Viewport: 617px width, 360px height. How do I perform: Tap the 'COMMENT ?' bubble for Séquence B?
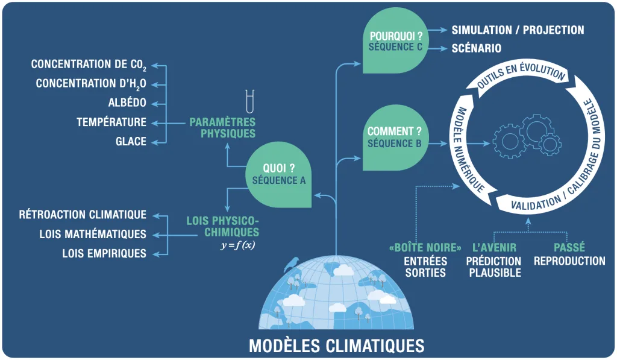coord(395,137)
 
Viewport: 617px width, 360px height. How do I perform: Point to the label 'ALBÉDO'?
coord(127,103)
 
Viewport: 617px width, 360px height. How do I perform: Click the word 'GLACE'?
coord(131,142)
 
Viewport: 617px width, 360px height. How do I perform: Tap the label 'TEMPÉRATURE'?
coord(111,122)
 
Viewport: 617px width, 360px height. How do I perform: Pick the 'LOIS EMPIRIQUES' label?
coord(104,253)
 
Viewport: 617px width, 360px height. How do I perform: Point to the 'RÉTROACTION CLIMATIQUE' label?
coord(83,215)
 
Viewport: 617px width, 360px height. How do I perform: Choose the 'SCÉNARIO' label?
coord(477,48)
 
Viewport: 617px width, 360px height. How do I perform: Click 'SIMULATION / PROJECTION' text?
coord(518,30)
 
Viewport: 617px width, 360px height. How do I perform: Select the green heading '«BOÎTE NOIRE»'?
coord(425,248)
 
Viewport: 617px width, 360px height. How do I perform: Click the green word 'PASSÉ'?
coord(569,248)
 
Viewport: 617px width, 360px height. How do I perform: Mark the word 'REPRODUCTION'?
coord(569,261)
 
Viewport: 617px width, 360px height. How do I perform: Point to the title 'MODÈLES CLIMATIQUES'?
coord(336,346)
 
